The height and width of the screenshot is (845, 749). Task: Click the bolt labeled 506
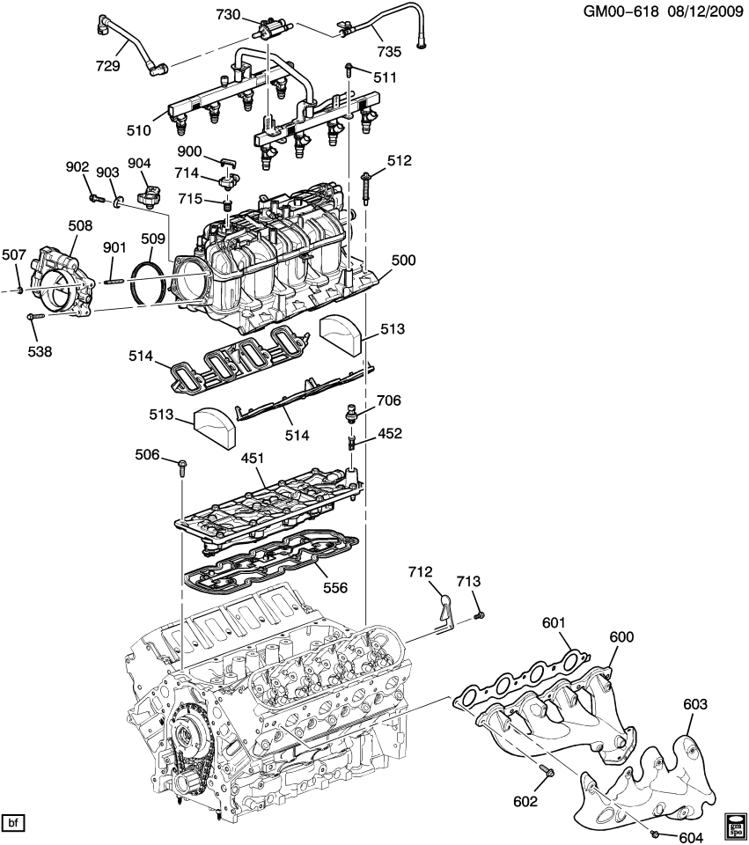[x=182, y=466]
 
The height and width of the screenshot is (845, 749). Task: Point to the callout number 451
[x=253, y=459]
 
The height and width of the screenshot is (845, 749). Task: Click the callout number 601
[x=553, y=624]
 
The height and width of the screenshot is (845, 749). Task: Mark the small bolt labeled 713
[x=479, y=614]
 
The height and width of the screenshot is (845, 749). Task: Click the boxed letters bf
[x=14, y=823]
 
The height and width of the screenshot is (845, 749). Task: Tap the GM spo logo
[x=736, y=827]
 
